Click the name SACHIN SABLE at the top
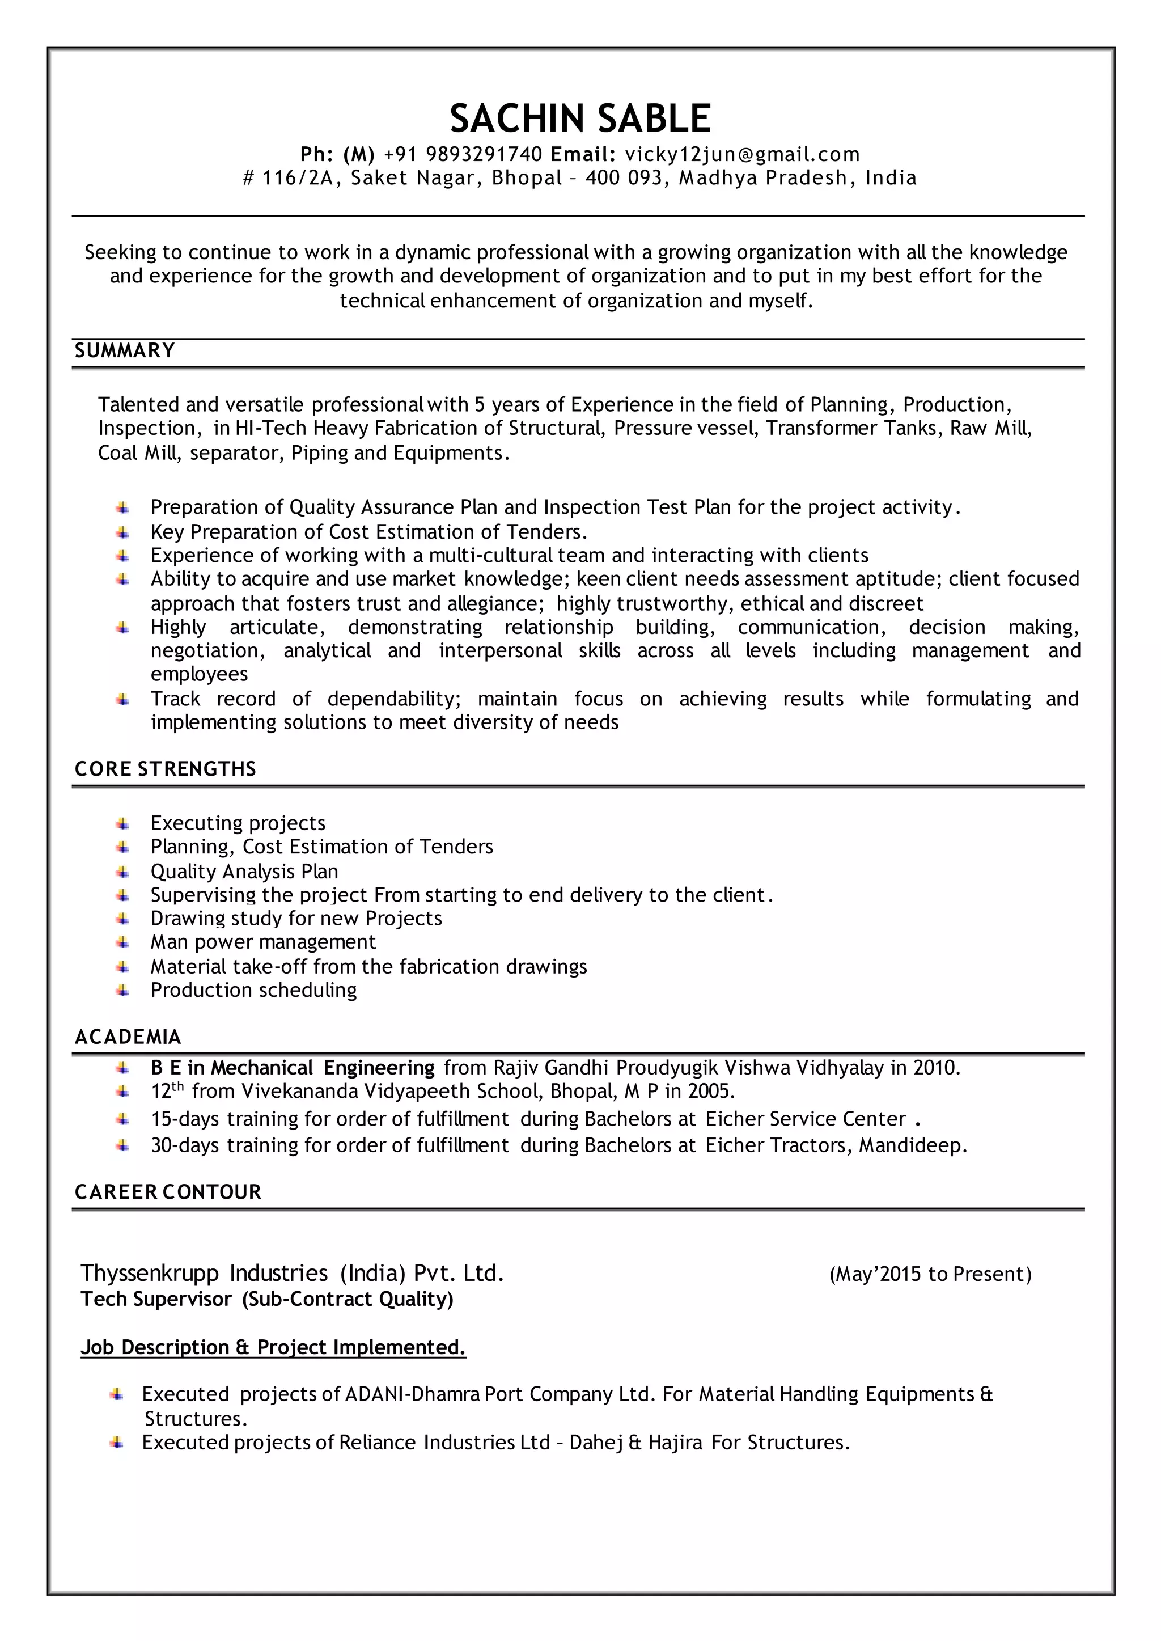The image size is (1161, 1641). [x=580, y=118]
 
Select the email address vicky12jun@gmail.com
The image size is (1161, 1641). [x=742, y=154]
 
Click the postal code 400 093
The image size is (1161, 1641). [x=624, y=178]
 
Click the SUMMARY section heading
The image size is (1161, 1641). [x=125, y=350]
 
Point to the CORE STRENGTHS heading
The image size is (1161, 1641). [x=165, y=769]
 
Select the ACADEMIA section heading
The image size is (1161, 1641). [x=128, y=1038]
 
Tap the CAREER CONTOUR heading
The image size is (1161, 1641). [x=168, y=1192]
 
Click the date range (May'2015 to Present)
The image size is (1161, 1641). [x=930, y=1274]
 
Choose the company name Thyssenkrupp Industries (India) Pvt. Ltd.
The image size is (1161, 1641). [x=293, y=1274]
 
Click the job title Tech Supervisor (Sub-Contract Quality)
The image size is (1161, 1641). [x=266, y=1299]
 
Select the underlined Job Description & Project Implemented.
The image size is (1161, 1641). [x=273, y=1347]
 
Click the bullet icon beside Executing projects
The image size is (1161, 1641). [x=123, y=824]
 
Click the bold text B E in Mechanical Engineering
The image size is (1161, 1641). [x=293, y=1068]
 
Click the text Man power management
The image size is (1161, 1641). [x=263, y=942]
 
